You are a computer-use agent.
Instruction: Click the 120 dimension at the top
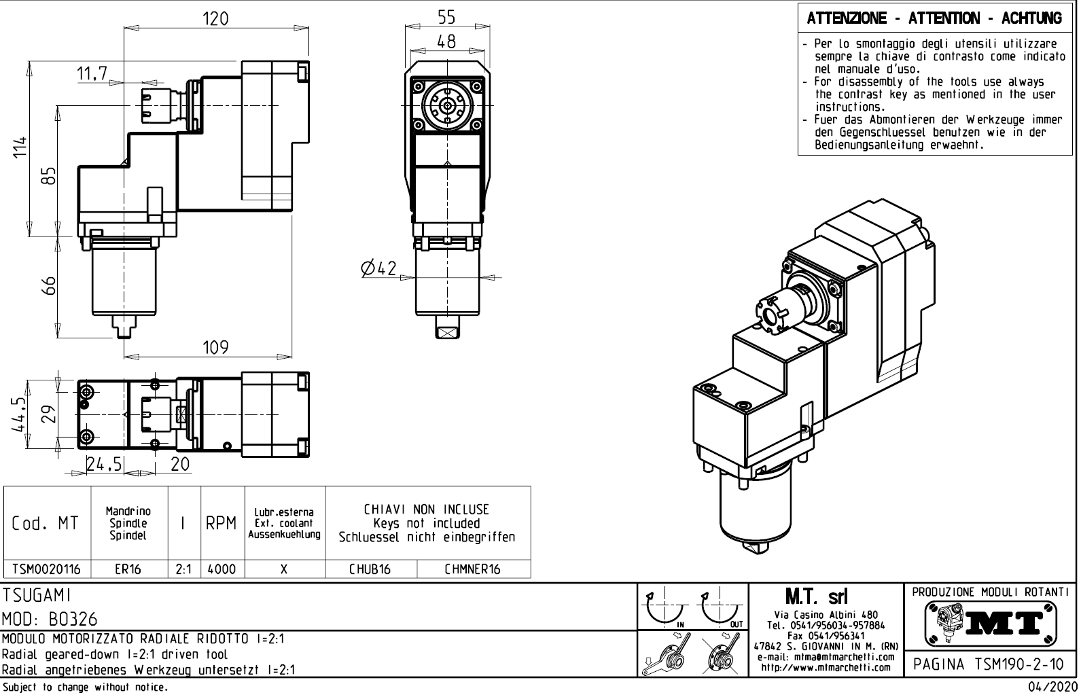[216, 18]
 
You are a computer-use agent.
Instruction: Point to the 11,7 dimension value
[92, 75]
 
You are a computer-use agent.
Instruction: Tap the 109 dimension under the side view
[216, 348]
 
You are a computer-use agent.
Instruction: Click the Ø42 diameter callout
[379, 269]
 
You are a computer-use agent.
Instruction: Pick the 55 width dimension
[446, 17]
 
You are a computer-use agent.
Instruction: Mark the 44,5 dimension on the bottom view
[20, 414]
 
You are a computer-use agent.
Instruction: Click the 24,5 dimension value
[104, 465]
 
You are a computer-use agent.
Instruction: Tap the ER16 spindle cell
[128, 569]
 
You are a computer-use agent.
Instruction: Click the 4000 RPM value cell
[221, 569]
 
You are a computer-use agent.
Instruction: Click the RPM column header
[221, 523]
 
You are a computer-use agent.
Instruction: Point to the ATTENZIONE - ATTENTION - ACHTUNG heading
[934, 18]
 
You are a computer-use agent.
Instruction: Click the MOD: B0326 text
[50, 620]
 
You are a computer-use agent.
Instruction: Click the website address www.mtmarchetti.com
[826, 667]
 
